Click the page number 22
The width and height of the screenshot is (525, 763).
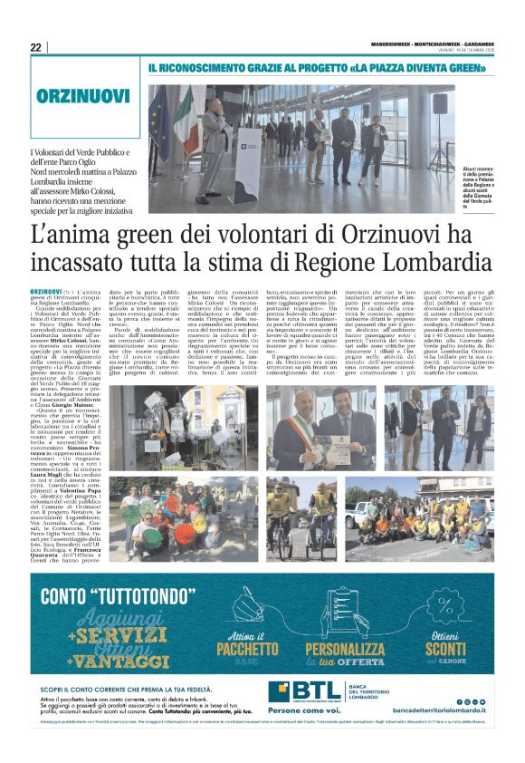[35, 47]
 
